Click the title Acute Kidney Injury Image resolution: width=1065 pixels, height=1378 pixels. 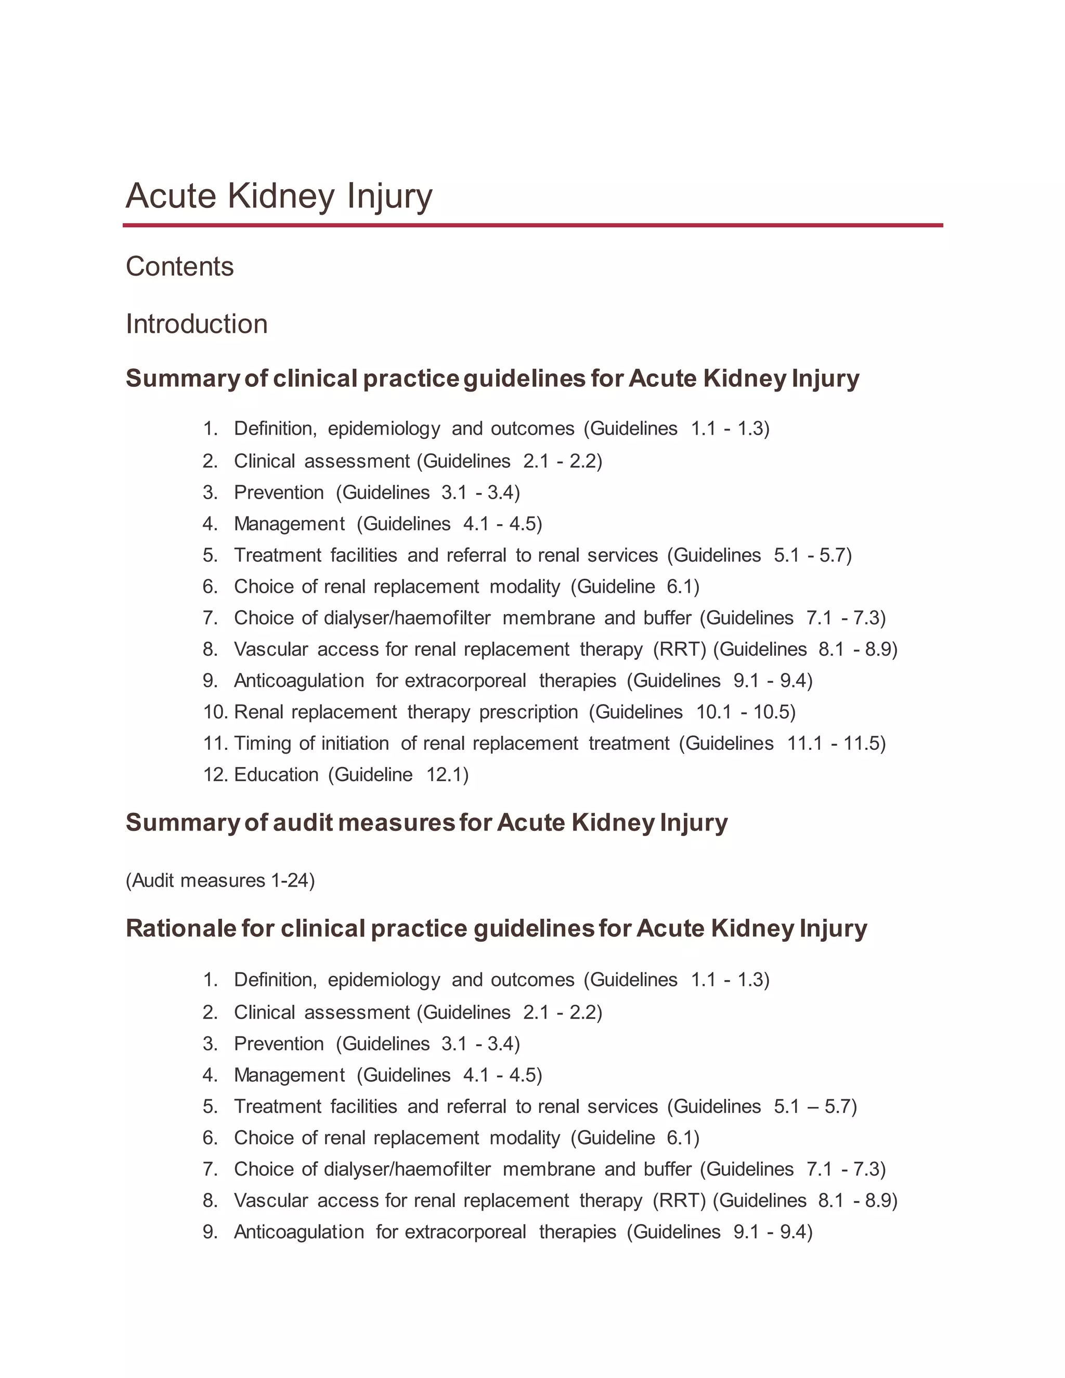(279, 196)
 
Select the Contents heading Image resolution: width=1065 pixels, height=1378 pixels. (180, 266)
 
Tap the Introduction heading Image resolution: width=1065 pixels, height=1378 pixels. (197, 323)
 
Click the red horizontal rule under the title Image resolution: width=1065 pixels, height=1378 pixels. (532, 225)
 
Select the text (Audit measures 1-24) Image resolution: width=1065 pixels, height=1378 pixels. (220, 880)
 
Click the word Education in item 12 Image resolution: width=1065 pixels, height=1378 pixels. (276, 774)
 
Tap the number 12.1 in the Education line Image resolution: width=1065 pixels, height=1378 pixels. (445, 774)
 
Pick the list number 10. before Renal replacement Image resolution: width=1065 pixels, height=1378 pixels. (216, 712)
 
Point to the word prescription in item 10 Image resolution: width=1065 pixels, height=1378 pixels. (529, 712)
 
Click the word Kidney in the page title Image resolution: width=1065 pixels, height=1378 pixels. (281, 196)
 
